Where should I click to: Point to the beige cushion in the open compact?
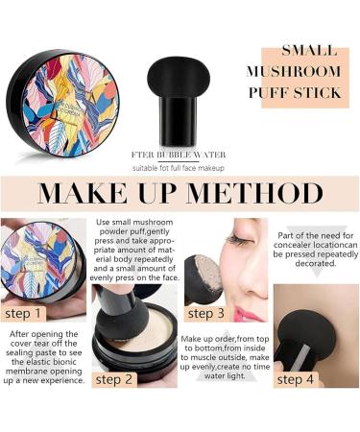(x=143, y=332)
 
